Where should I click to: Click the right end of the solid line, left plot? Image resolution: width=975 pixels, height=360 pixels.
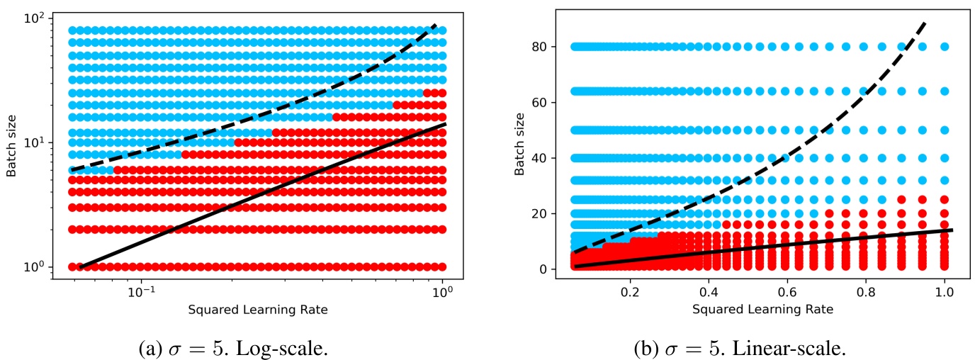446,124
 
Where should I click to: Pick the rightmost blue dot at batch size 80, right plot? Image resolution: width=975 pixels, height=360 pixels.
945,47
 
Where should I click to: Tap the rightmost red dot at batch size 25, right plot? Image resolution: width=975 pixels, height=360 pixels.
945,199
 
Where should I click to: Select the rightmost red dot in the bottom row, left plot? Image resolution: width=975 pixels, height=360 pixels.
443,266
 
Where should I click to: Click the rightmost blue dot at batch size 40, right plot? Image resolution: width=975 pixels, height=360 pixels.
945,158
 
